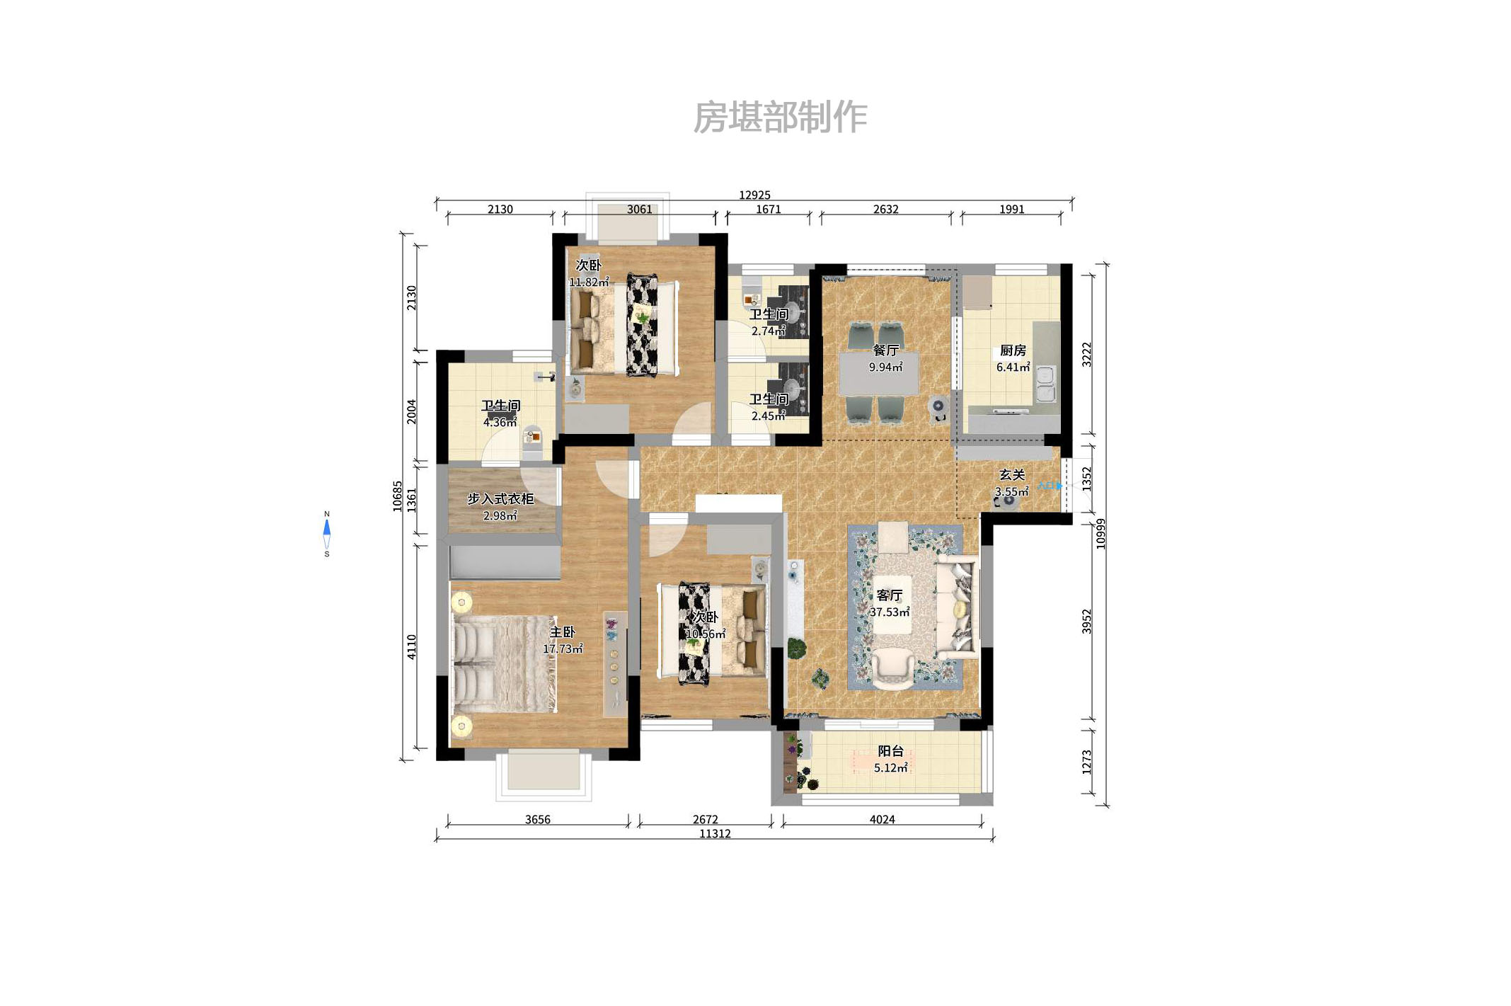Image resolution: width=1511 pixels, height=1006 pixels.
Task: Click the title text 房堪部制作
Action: [x=779, y=117]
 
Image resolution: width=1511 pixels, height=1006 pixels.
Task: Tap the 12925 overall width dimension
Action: [x=754, y=195]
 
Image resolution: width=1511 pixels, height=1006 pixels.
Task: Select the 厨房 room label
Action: [x=1013, y=351]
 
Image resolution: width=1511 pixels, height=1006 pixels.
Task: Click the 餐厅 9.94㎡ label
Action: [x=885, y=358]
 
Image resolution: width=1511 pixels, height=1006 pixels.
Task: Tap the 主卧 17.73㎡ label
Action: [x=563, y=640]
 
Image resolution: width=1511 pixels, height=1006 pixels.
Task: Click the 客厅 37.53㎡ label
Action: [x=890, y=603]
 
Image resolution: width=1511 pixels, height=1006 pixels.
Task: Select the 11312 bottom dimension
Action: [x=715, y=834]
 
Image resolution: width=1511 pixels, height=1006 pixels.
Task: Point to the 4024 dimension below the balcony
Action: [x=882, y=819]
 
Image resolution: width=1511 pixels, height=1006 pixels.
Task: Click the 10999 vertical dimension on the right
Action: [x=1101, y=534]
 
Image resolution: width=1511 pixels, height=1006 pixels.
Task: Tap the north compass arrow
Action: [x=326, y=528]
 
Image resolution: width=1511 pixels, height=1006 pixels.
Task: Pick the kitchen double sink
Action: [x=1046, y=384]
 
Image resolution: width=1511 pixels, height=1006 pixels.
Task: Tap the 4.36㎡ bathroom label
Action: [x=500, y=423]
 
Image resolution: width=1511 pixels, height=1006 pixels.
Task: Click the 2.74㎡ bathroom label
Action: [x=769, y=331]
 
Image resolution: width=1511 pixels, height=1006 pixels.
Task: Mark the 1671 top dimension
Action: [x=768, y=210]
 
